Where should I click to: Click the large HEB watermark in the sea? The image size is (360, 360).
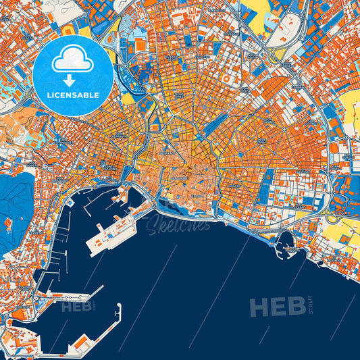[277, 307]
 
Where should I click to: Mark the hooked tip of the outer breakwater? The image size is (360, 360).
[119, 307]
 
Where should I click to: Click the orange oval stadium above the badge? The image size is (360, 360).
[68, 30]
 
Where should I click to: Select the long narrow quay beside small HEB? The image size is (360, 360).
[68, 297]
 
